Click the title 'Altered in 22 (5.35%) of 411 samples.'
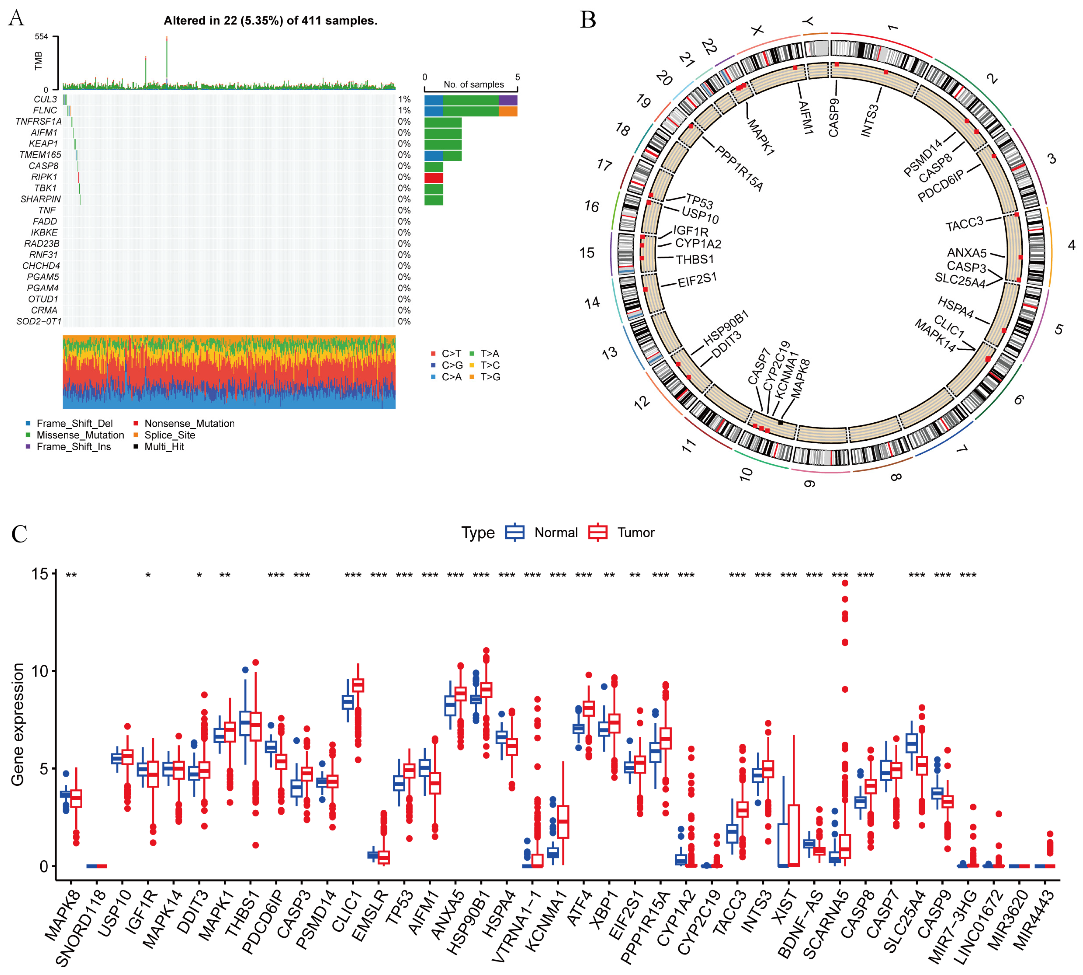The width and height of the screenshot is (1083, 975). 270,20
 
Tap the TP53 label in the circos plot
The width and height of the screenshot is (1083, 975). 699,202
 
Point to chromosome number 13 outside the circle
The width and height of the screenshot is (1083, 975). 609,353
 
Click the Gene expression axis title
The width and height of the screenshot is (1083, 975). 18,724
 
